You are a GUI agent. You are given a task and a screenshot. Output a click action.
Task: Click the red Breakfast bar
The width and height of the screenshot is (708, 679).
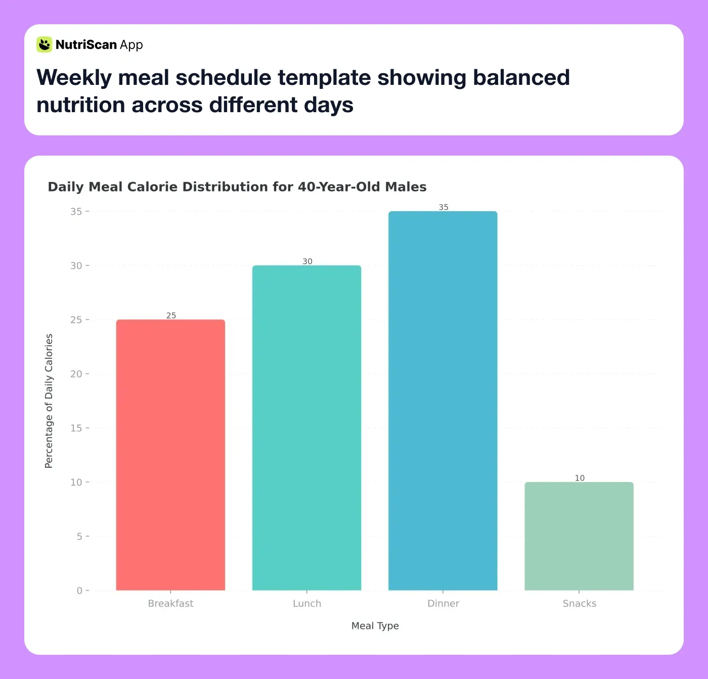click(x=170, y=455)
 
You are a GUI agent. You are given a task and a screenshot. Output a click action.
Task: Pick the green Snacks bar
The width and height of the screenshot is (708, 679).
click(x=579, y=536)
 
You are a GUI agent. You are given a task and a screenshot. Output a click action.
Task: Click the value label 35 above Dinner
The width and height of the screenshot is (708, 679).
click(x=444, y=207)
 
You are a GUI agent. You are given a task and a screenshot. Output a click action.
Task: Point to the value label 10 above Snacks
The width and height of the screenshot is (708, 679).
click(x=580, y=478)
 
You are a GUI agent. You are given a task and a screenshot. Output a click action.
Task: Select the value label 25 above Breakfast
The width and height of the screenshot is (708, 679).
click(x=171, y=316)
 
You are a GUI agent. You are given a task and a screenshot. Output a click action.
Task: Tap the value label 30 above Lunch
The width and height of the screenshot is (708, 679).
click(x=307, y=261)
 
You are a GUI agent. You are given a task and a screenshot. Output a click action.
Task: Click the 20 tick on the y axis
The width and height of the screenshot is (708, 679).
click(x=76, y=374)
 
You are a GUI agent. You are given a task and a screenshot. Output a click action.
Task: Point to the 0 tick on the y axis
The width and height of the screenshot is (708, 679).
click(x=79, y=591)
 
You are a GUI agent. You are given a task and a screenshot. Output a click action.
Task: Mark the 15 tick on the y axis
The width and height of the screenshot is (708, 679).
click(x=76, y=428)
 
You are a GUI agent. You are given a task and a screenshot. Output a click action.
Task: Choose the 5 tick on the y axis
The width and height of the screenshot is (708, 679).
click(x=79, y=537)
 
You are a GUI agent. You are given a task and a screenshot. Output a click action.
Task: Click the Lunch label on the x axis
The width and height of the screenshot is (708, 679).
click(x=307, y=603)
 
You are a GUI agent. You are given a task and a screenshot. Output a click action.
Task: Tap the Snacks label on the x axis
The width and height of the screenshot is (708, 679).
click(x=580, y=603)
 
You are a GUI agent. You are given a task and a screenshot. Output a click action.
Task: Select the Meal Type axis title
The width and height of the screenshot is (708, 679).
click(x=375, y=625)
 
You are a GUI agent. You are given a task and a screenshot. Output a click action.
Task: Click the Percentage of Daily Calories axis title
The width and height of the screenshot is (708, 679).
click(x=49, y=401)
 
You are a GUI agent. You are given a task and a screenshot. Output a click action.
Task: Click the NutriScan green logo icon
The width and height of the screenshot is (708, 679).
click(x=45, y=44)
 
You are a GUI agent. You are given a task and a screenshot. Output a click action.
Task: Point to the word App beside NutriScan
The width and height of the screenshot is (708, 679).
click(x=131, y=45)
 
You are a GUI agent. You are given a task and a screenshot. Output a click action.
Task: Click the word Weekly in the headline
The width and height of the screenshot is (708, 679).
click(x=74, y=78)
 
